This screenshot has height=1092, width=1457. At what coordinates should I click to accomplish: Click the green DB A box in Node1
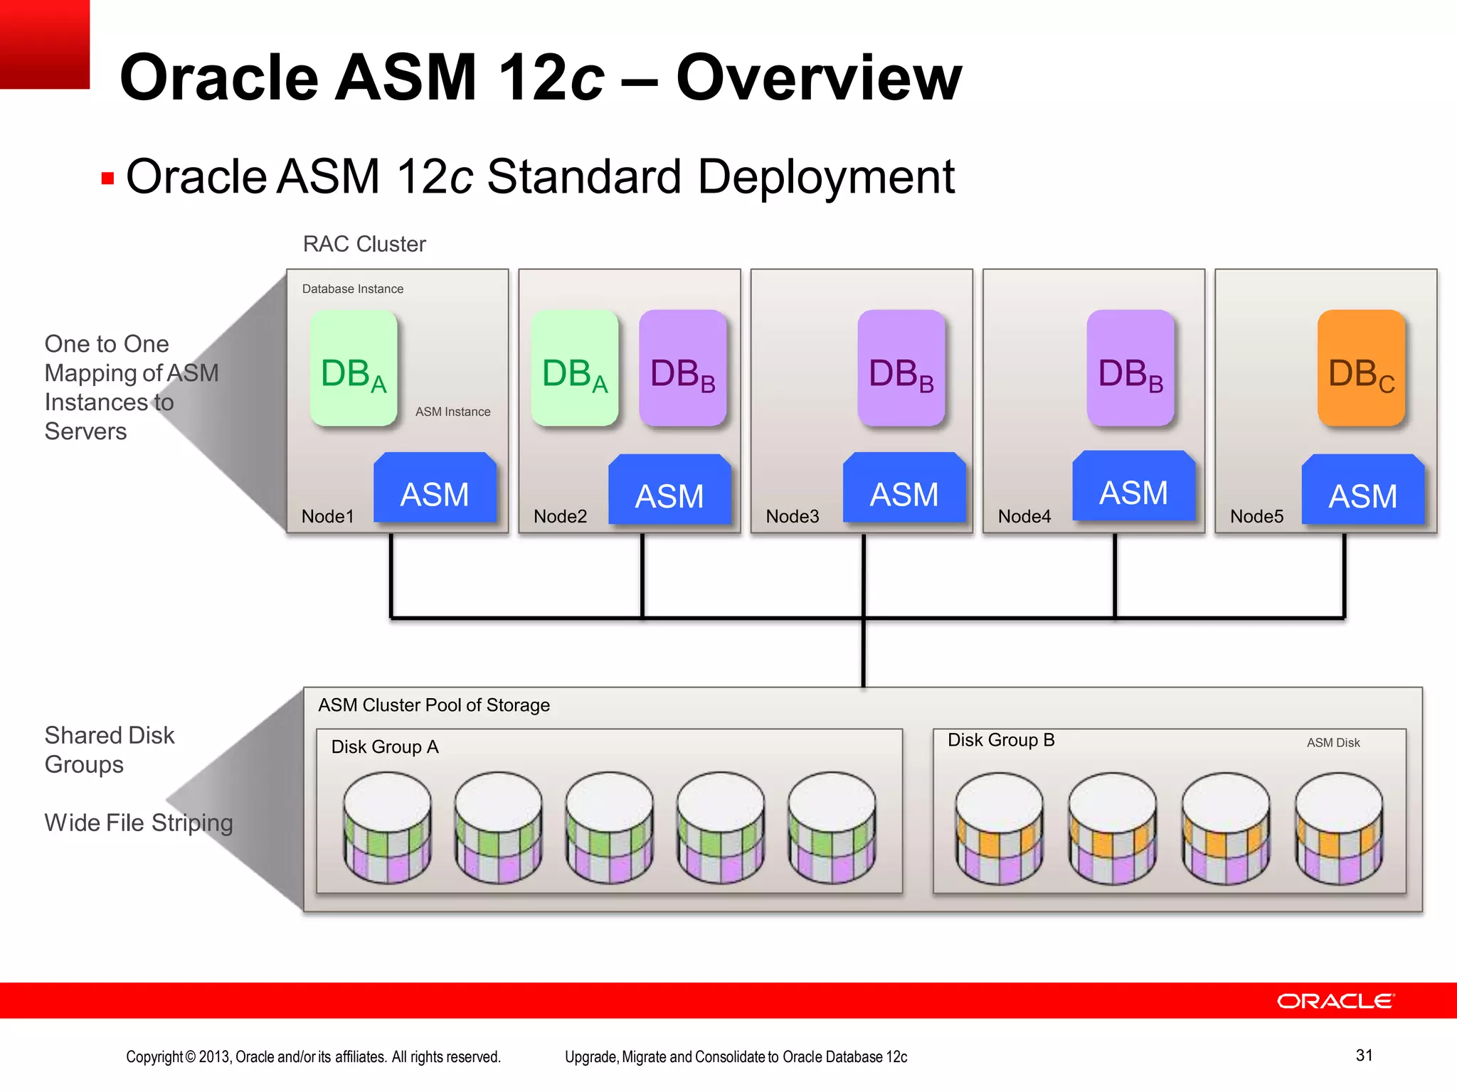[354, 368]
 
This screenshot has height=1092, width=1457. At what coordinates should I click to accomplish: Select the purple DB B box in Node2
[682, 368]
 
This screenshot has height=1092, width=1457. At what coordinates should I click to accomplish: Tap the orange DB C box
[1361, 368]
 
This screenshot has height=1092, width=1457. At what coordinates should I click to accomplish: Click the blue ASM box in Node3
[904, 489]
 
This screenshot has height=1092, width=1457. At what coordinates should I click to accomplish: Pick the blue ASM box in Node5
[1362, 491]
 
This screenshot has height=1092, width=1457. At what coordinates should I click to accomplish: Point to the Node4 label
[1024, 516]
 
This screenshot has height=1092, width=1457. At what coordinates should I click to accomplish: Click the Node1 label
[327, 516]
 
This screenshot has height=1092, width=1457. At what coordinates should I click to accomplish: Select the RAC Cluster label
[364, 244]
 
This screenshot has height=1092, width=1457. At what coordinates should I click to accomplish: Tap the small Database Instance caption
[352, 289]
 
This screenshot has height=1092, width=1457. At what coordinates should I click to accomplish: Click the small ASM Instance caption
[452, 412]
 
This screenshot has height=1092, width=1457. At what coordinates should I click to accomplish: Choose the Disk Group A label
[385, 746]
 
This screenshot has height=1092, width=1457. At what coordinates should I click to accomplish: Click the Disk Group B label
[1001, 740]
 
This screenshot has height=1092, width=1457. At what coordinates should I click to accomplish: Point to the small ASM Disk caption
[1333, 742]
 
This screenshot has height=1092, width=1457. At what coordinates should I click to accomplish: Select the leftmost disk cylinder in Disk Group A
[388, 828]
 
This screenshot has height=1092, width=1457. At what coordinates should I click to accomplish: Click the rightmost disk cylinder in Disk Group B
[1338, 828]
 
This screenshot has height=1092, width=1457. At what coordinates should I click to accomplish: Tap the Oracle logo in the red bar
[1335, 1001]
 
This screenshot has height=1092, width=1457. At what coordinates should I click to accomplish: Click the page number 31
[1364, 1055]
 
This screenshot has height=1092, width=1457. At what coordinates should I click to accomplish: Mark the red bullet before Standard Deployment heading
[108, 178]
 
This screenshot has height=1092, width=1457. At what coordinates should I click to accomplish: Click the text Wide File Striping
[139, 823]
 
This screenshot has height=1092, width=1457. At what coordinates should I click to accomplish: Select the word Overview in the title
[818, 77]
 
